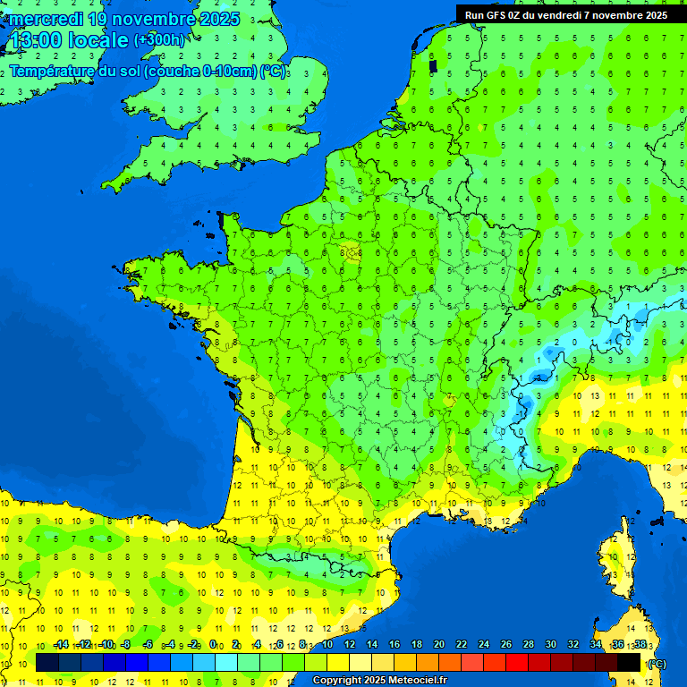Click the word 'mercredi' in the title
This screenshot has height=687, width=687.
coord(43,19)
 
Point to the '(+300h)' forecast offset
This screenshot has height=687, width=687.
coord(159,40)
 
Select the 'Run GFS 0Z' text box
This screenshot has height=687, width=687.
coord(566,14)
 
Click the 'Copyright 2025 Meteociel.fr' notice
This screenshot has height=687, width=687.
coord(379,680)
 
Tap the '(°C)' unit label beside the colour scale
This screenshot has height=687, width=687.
coord(657,664)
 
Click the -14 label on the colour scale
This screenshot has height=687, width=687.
coord(61,644)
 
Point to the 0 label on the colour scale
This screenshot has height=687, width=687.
coord(213,644)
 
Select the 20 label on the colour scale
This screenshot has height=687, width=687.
coord(438,644)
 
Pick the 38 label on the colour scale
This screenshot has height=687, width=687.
coord(640,644)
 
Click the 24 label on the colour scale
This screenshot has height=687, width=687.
coord(483,644)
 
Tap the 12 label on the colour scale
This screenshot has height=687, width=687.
coord(349,644)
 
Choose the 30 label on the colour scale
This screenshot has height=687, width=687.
coord(550,644)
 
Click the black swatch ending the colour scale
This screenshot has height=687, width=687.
coord(629,662)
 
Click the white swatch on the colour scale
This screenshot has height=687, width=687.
coord(360,662)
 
